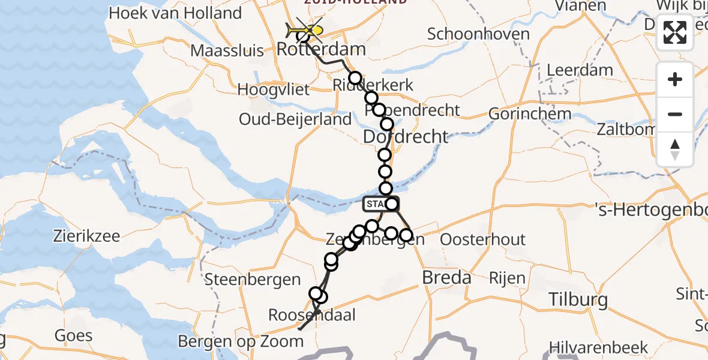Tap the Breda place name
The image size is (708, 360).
coord(446,278)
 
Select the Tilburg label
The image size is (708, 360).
coord(579,299)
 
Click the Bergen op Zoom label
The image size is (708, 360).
coord(241,341)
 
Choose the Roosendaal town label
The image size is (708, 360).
coord(312,315)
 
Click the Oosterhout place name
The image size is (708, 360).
coord(483,239)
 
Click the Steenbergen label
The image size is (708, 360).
coord(252,279)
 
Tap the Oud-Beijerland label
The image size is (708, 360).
coord(295,119)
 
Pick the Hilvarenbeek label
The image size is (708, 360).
coord(598,347)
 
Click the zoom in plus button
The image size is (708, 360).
coord(675,79)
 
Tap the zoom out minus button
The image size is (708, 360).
coord(675,114)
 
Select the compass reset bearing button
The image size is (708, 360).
coord(675,149)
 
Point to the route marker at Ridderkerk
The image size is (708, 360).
coord(355,78)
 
